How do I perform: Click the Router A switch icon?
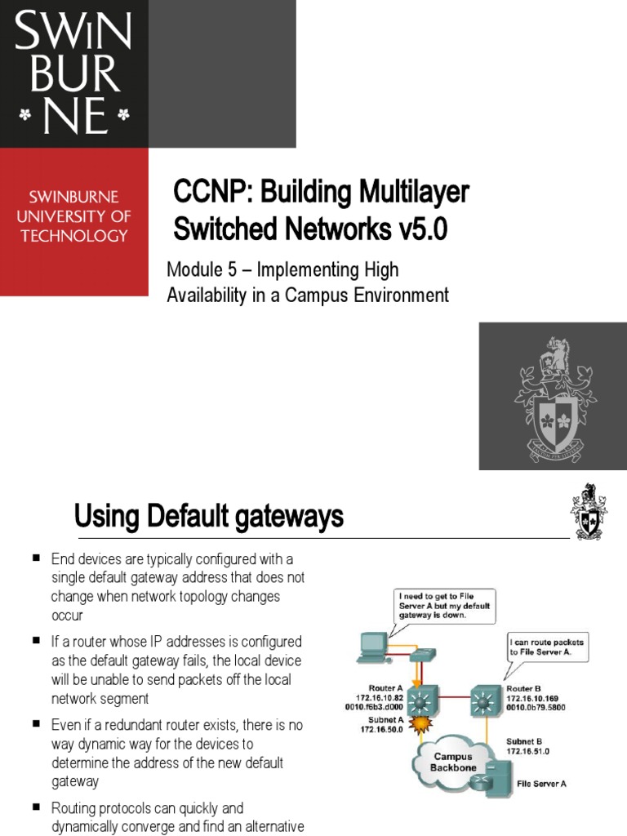click(422, 700)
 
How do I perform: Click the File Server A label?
click(541, 783)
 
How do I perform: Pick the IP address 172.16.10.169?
click(536, 698)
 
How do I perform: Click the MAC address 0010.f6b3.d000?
click(373, 707)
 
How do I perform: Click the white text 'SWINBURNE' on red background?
click(74, 198)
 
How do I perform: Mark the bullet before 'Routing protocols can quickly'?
click(37, 807)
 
